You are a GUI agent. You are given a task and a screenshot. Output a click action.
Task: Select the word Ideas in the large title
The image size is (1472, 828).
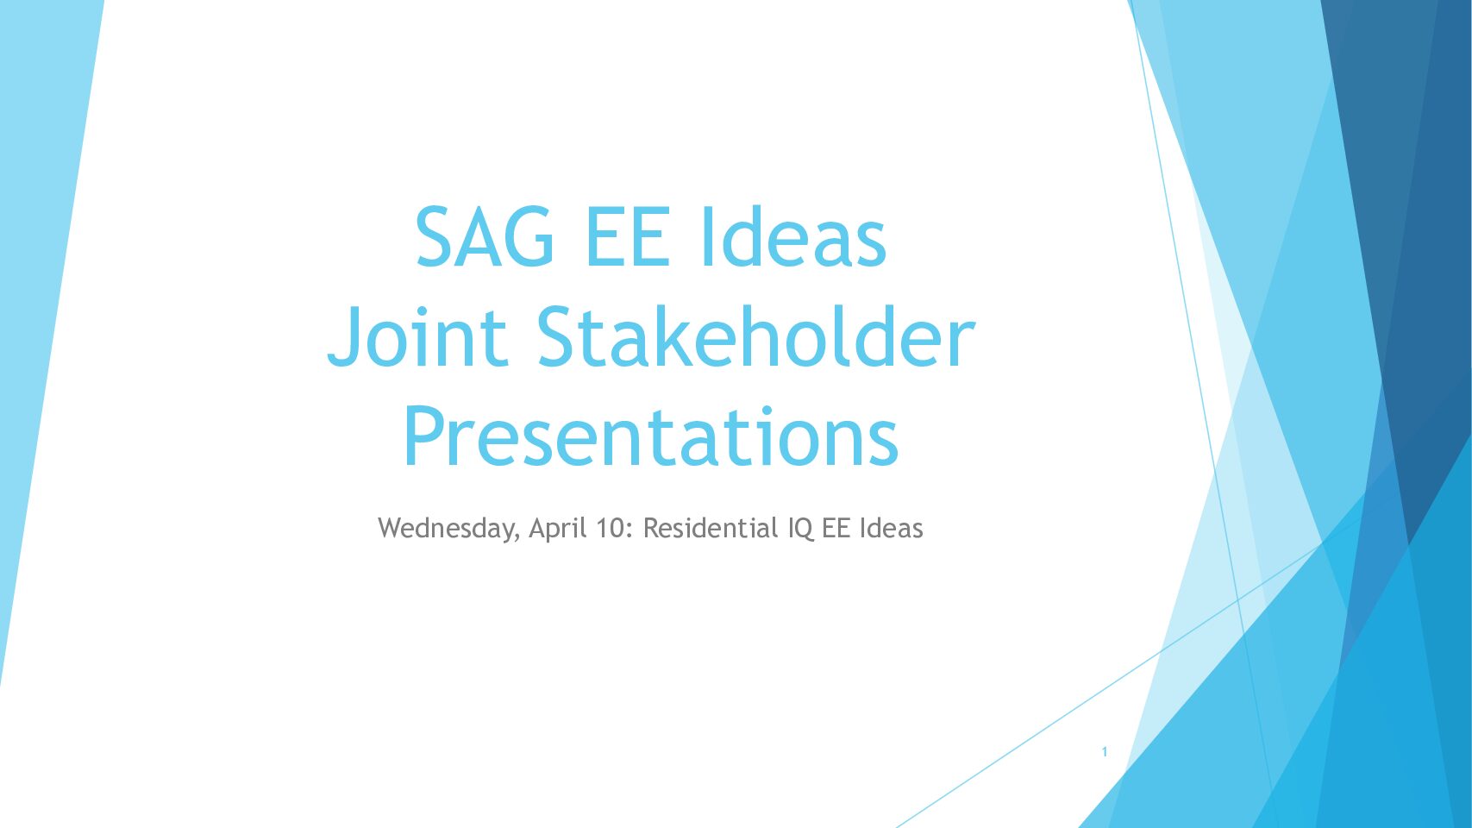794,236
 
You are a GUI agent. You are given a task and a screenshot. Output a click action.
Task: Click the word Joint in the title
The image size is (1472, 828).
417,337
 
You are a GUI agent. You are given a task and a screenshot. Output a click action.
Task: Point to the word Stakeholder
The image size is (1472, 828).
756,337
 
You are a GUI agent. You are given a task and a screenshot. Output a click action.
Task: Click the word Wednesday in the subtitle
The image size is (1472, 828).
446,529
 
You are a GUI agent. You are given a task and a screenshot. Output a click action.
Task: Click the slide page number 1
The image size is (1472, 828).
1105,752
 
